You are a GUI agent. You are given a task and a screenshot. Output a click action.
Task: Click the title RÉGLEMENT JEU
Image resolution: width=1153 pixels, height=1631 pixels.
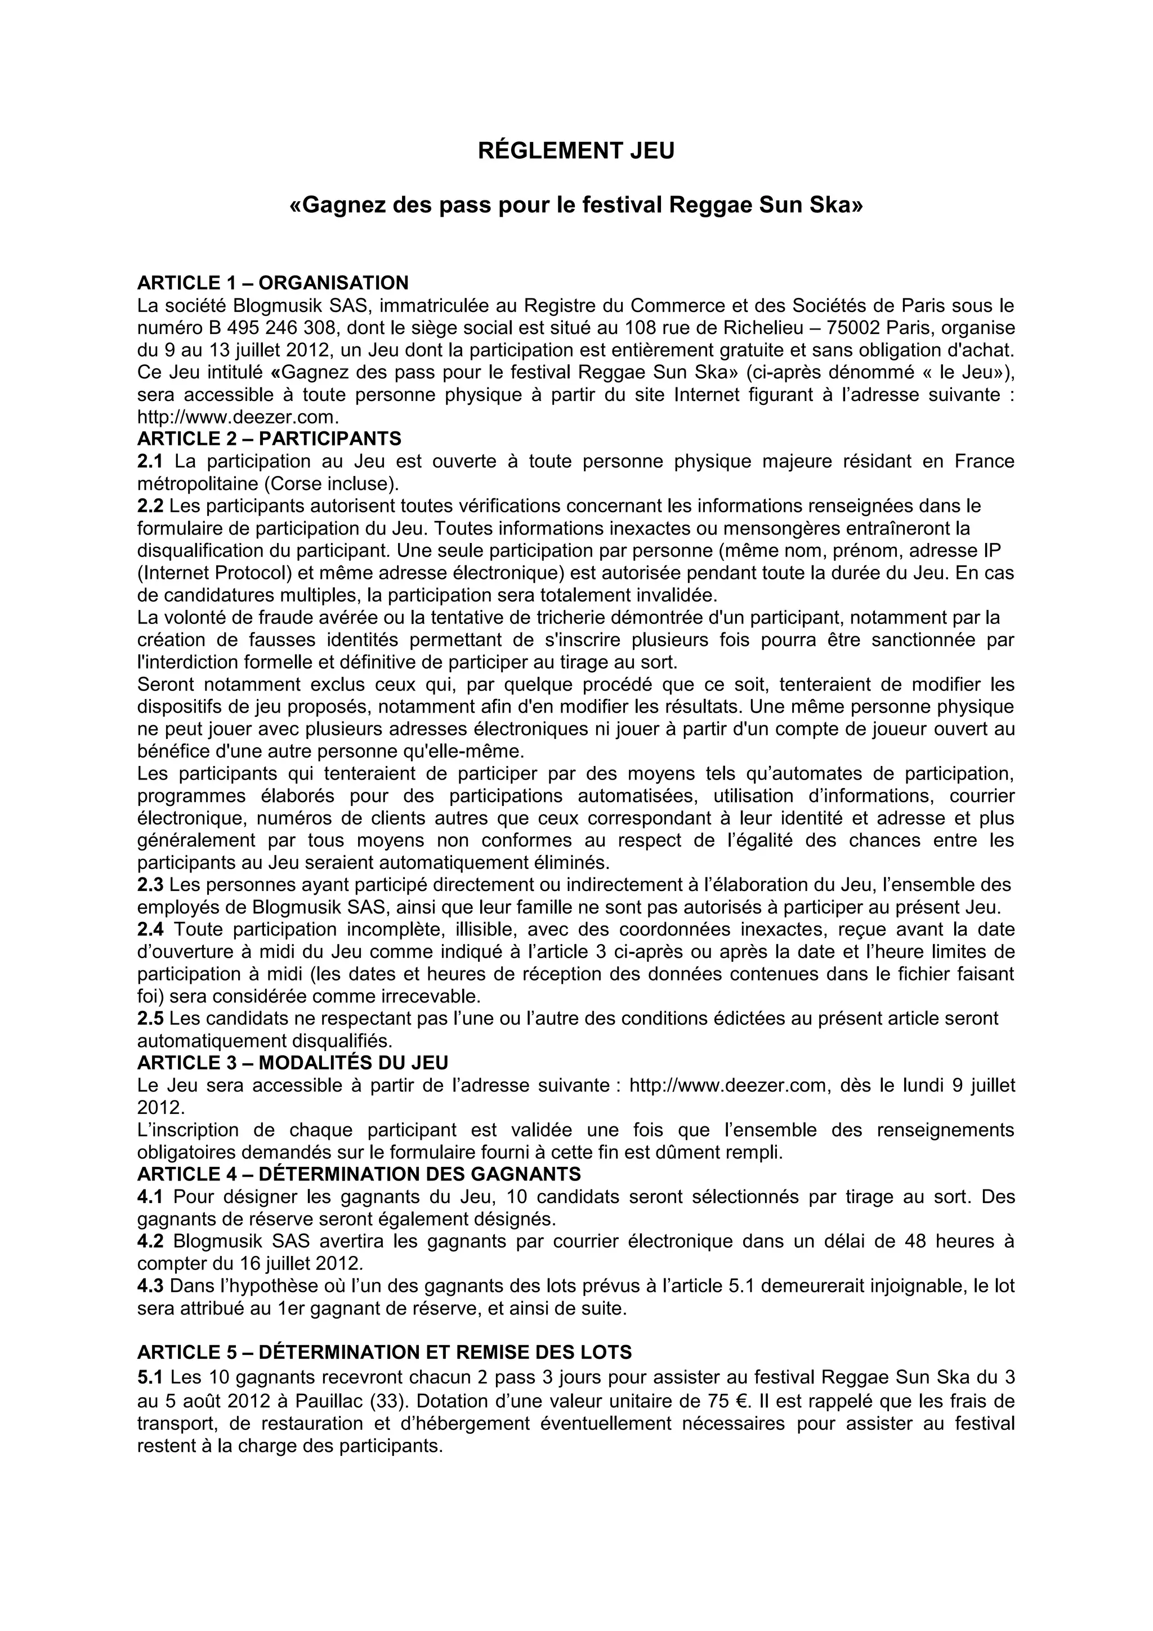(x=576, y=151)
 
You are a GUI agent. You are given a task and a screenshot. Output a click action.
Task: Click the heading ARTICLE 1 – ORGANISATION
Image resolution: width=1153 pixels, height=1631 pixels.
(x=272, y=283)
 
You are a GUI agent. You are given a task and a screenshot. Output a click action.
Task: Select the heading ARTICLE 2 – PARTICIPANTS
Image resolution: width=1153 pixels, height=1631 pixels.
(x=269, y=439)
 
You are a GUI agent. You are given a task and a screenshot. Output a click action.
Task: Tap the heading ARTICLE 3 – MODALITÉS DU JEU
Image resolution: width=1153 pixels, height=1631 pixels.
(x=293, y=1063)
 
